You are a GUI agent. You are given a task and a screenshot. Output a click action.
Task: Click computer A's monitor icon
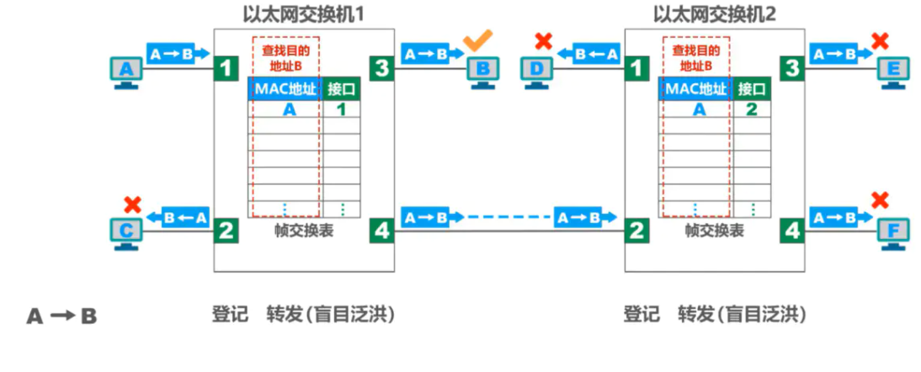click(x=126, y=69)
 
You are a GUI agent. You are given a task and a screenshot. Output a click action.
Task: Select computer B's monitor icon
click(x=482, y=69)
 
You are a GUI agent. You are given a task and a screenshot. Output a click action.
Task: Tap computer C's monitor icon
click(x=126, y=229)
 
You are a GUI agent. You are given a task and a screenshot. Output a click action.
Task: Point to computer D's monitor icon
click(x=537, y=69)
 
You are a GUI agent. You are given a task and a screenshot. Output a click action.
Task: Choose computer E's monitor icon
click(x=893, y=69)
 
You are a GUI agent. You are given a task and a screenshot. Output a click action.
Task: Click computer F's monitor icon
click(x=893, y=229)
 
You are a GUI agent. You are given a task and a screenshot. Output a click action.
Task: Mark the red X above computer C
click(x=131, y=203)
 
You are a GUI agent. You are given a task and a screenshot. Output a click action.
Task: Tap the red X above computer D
click(x=543, y=40)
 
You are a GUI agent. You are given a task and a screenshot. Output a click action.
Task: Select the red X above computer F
click(x=880, y=200)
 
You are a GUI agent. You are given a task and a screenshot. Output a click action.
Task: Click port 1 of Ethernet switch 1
click(x=225, y=68)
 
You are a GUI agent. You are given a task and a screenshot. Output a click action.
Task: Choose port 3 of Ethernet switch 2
click(x=792, y=68)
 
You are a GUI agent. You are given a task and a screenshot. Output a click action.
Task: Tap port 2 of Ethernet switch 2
click(x=636, y=229)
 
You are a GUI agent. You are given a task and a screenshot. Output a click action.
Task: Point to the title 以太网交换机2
click(x=715, y=14)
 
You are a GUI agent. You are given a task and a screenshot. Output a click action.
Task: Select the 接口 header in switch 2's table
click(x=752, y=88)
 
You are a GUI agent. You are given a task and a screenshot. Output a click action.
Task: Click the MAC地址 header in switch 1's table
click(x=285, y=88)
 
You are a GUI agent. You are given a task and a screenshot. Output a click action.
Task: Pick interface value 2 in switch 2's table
click(x=752, y=109)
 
